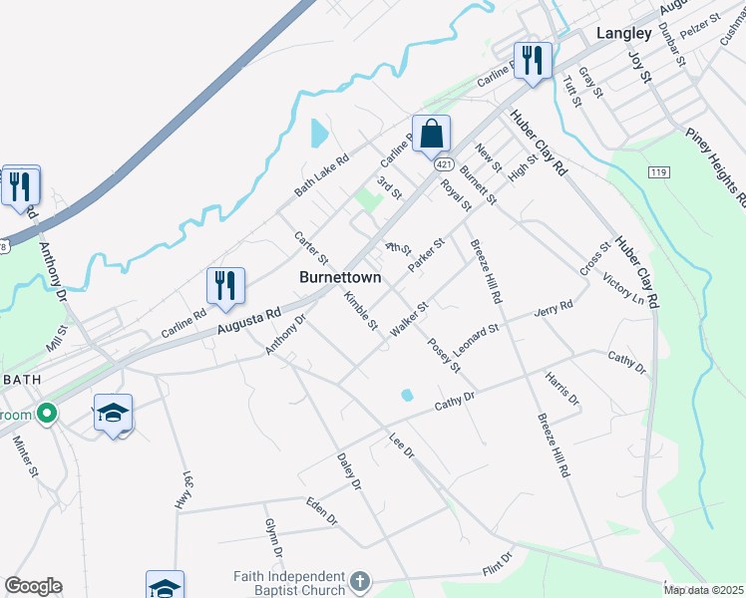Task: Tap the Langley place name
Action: pyautogui.click(x=623, y=33)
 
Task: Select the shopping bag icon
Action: pyautogui.click(x=431, y=134)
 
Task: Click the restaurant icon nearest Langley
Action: pyautogui.click(x=533, y=62)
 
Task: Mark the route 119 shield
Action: pyautogui.click(x=628, y=172)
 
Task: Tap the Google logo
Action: pyautogui.click(x=33, y=586)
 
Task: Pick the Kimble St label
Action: pyautogui.click(x=360, y=310)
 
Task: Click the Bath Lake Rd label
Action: pyautogui.click(x=321, y=173)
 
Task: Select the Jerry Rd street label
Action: pyautogui.click(x=554, y=310)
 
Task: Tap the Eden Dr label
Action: pyautogui.click(x=322, y=509)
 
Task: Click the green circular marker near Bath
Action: pyautogui.click(x=45, y=414)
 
